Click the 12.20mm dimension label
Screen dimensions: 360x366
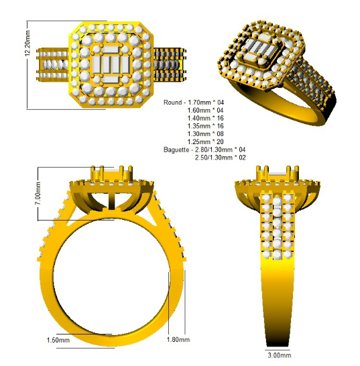tap(27, 43)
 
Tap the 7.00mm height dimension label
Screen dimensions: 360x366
tap(38, 193)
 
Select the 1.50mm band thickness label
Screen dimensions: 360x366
tap(58, 340)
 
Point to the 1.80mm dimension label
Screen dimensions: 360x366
tap(178, 339)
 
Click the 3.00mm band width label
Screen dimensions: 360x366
tap(280, 355)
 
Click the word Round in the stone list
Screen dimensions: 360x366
tap(172, 103)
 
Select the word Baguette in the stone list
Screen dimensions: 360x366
tap(176, 149)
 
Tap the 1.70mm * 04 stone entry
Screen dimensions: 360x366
tap(206, 103)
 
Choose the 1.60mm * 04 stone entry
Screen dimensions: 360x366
tap(206, 110)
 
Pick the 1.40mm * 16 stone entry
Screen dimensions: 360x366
tap(206, 118)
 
